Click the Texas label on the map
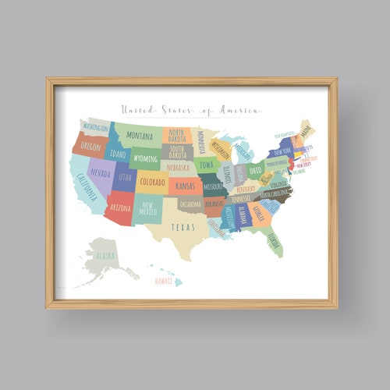point(183,227)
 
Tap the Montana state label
point(140,135)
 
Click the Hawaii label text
point(163,280)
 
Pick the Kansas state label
point(185,186)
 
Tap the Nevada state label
point(100,172)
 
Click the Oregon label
point(90,146)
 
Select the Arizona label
point(120,208)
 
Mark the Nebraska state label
point(178,167)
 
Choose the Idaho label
point(118,154)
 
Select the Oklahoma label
point(190,204)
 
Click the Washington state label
point(96,127)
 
